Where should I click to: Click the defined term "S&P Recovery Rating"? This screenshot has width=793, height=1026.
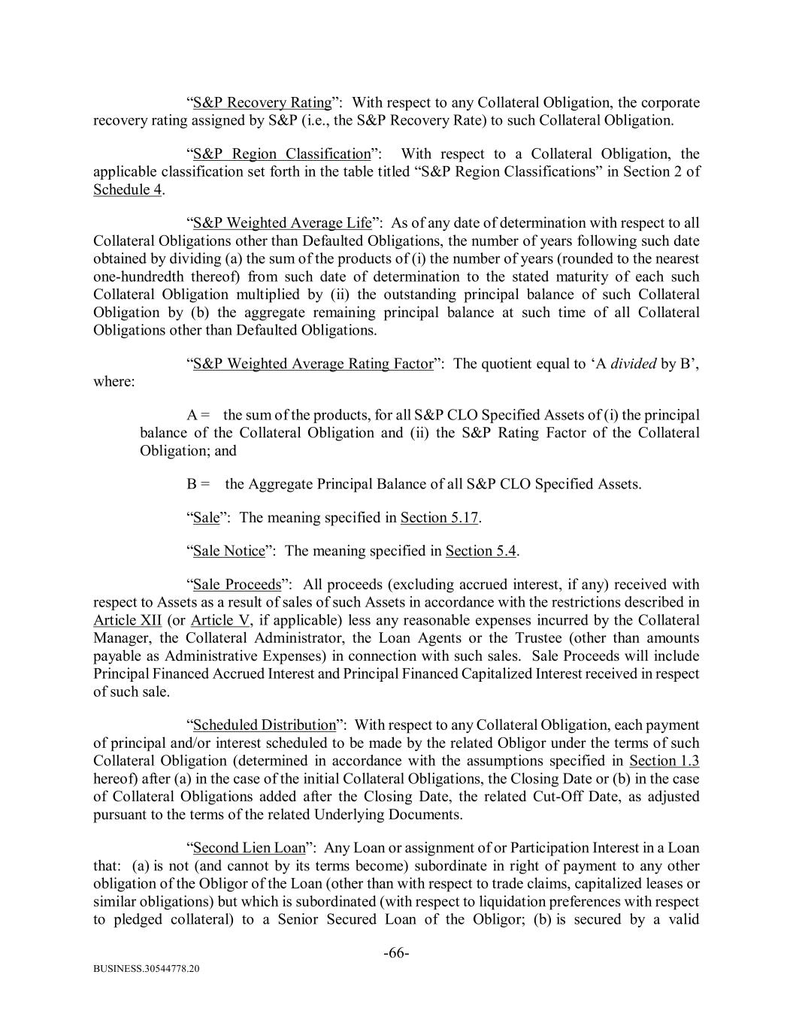pos(262,102)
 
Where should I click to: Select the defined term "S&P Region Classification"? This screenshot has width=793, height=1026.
pos(282,154)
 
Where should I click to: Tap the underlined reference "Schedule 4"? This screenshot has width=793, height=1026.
pos(127,189)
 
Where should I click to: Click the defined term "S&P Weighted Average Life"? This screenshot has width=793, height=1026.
pos(282,222)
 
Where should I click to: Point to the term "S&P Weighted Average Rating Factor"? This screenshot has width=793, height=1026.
pos(313,364)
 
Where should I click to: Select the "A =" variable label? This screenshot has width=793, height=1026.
pos(198,415)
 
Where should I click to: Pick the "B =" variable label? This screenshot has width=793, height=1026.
pos(198,484)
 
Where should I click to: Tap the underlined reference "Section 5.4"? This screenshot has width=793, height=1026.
pos(480,551)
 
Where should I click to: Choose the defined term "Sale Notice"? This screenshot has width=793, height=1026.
pos(229,551)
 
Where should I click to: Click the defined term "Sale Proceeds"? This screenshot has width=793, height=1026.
pos(237,584)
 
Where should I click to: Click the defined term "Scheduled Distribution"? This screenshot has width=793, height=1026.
pos(264,725)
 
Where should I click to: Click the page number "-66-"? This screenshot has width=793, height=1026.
pos(396,954)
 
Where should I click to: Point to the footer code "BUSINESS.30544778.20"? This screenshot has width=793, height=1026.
pos(147,970)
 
